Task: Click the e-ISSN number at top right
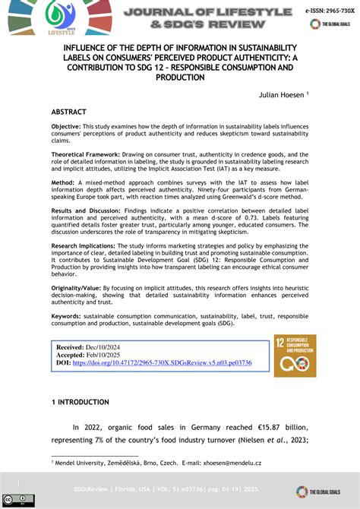tap(329, 12)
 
